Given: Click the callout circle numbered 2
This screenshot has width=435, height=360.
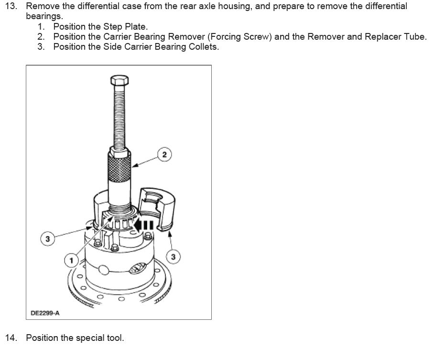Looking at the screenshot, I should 164,154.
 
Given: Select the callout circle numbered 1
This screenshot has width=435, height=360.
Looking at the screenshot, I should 71,260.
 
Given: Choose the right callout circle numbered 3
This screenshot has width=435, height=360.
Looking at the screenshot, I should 173,257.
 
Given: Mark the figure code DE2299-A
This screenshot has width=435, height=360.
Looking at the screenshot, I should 45,313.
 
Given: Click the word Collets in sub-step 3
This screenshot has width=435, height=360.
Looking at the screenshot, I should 203,47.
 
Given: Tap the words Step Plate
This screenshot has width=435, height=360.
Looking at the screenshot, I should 125,27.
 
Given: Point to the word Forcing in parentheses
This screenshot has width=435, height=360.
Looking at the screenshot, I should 230,37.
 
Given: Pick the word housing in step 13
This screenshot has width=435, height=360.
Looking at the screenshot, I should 221,7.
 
